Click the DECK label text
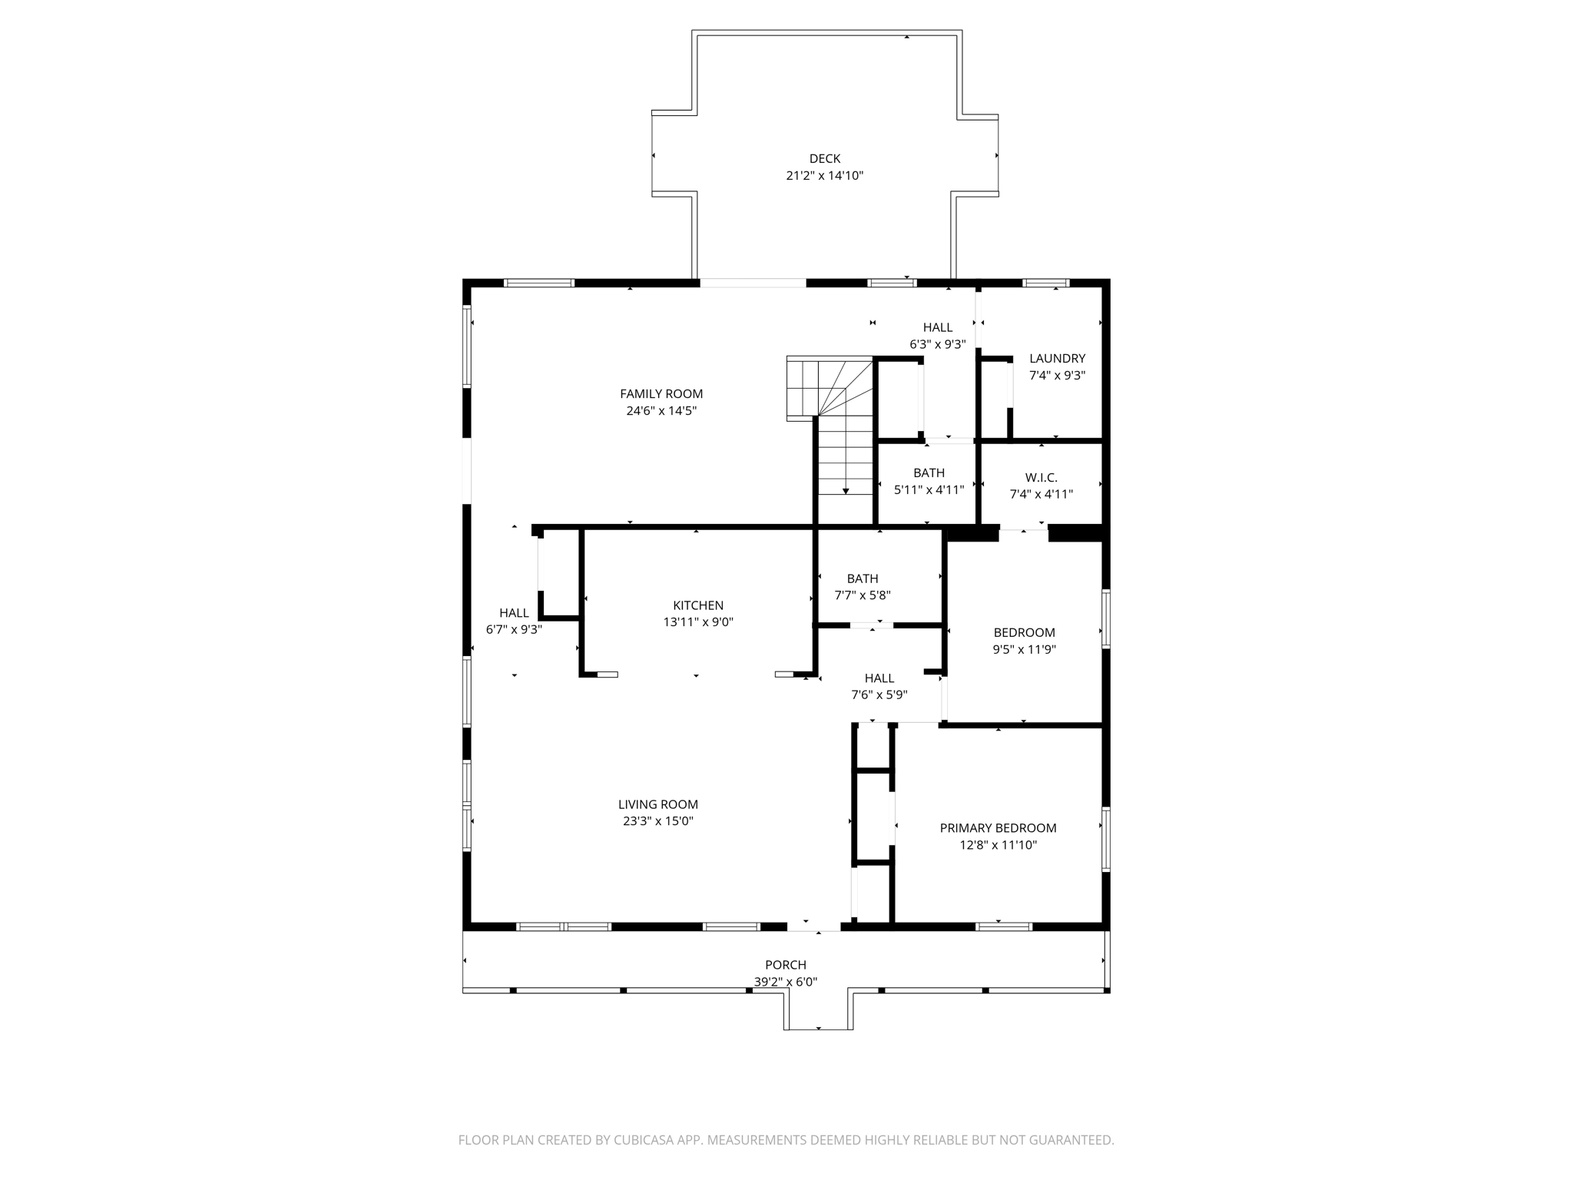(824, 159)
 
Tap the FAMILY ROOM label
(661, 394)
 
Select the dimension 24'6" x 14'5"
(661, 411)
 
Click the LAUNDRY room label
(1057, 359)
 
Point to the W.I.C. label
(1041, 478)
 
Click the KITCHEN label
(698, 605)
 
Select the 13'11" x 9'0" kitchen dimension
(698, 622)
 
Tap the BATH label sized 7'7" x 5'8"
(862, 578)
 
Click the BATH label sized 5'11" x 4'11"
(929, 473)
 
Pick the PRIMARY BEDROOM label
(998, 828)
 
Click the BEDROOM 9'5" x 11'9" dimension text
(1024, 649)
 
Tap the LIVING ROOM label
(657, 804)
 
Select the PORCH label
(785, 965)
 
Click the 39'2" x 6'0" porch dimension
(785, 982)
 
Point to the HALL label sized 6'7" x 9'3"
(514, 613)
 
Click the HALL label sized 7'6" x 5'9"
(879, 678)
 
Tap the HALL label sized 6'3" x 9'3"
(937, 328)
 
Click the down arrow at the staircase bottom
(845, 490)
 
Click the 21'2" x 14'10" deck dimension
(824, 176)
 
